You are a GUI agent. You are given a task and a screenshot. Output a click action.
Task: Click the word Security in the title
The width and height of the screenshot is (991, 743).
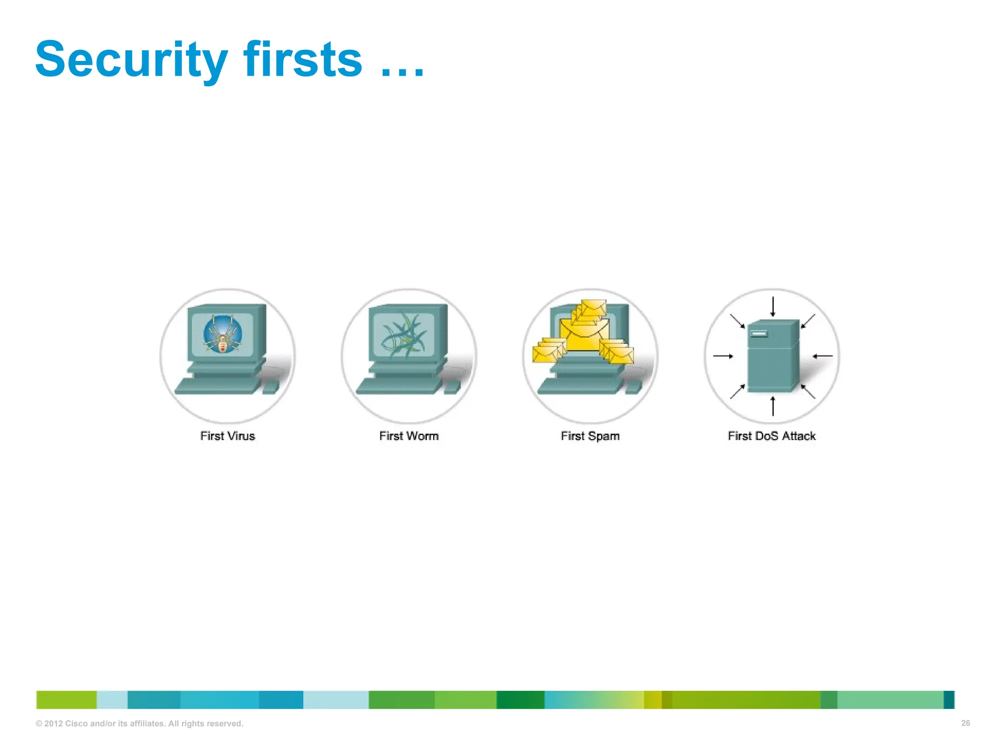131,60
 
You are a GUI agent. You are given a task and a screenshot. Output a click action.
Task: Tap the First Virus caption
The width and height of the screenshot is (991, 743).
227,436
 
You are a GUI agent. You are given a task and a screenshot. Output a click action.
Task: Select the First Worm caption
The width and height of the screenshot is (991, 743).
409,436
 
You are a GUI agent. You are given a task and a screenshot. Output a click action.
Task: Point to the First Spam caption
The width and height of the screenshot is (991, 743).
590,436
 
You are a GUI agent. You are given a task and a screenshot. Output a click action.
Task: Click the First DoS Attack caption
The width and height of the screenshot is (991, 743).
772,436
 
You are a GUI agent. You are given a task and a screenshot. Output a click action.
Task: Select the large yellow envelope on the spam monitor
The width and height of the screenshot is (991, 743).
585,334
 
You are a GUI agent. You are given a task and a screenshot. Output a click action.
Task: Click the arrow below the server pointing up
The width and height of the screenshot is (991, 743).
773,406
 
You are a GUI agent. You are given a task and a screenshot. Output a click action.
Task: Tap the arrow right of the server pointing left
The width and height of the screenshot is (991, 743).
822,357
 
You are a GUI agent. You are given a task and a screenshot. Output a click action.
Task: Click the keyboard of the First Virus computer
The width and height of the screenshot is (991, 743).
217,386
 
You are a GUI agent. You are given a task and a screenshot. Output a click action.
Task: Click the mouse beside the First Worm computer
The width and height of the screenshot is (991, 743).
452,386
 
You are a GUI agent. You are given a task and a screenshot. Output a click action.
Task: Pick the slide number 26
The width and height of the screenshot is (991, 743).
965,723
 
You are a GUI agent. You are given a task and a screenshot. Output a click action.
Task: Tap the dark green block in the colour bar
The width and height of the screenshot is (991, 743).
520,700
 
